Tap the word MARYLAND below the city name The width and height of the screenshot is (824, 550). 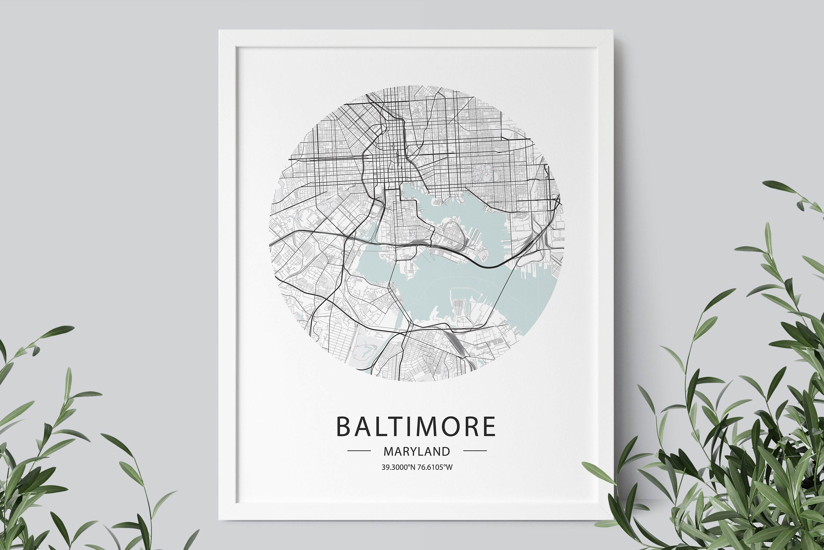pyautogui.click(x=417, y=451)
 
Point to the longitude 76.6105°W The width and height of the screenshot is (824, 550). pyautogui.click(x=435, y=467)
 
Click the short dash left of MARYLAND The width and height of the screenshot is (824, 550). pyautogui.click(x=359, y=451)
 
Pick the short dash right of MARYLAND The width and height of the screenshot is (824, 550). pyautogui.click(x=475, y=451)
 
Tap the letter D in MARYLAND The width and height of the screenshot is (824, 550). pyautogui.click(x=446, y=451)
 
